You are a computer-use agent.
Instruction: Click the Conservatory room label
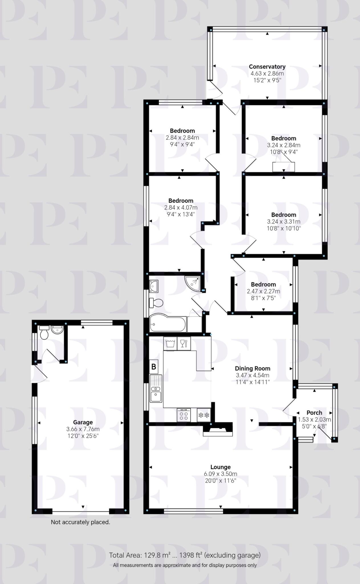click(x=267, y=67)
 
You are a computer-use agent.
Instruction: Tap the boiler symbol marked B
click(x=154, y=366)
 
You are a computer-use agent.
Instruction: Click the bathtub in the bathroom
click(x=168, y=324)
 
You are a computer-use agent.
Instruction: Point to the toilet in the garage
click(x=44, y=333)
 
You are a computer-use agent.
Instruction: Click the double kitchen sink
click(x=156, y=388)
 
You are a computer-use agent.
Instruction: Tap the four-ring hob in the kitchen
click(x=184, y=415)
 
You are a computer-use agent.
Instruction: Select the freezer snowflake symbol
click(x=204, y=415)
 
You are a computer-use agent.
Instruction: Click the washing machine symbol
click(x=170, y=343)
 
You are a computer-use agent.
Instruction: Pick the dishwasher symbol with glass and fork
click(x=184, y=343)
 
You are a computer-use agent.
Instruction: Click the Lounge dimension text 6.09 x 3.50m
click(x=220, y=474)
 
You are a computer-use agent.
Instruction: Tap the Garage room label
click(x=83, y=422)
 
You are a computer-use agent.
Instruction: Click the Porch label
click(x=314, y=413)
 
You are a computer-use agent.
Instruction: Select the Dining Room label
click(x=253, y=368)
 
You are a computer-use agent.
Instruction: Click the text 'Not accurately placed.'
click(x=80, y=522)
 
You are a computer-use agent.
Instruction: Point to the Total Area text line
click(x=185, y=555)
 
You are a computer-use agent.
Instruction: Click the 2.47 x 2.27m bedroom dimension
click(x=263, y=291)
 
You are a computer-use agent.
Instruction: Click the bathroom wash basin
click(x=154, y=286)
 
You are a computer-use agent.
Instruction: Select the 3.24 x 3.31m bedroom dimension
click(x=284, y=222)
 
